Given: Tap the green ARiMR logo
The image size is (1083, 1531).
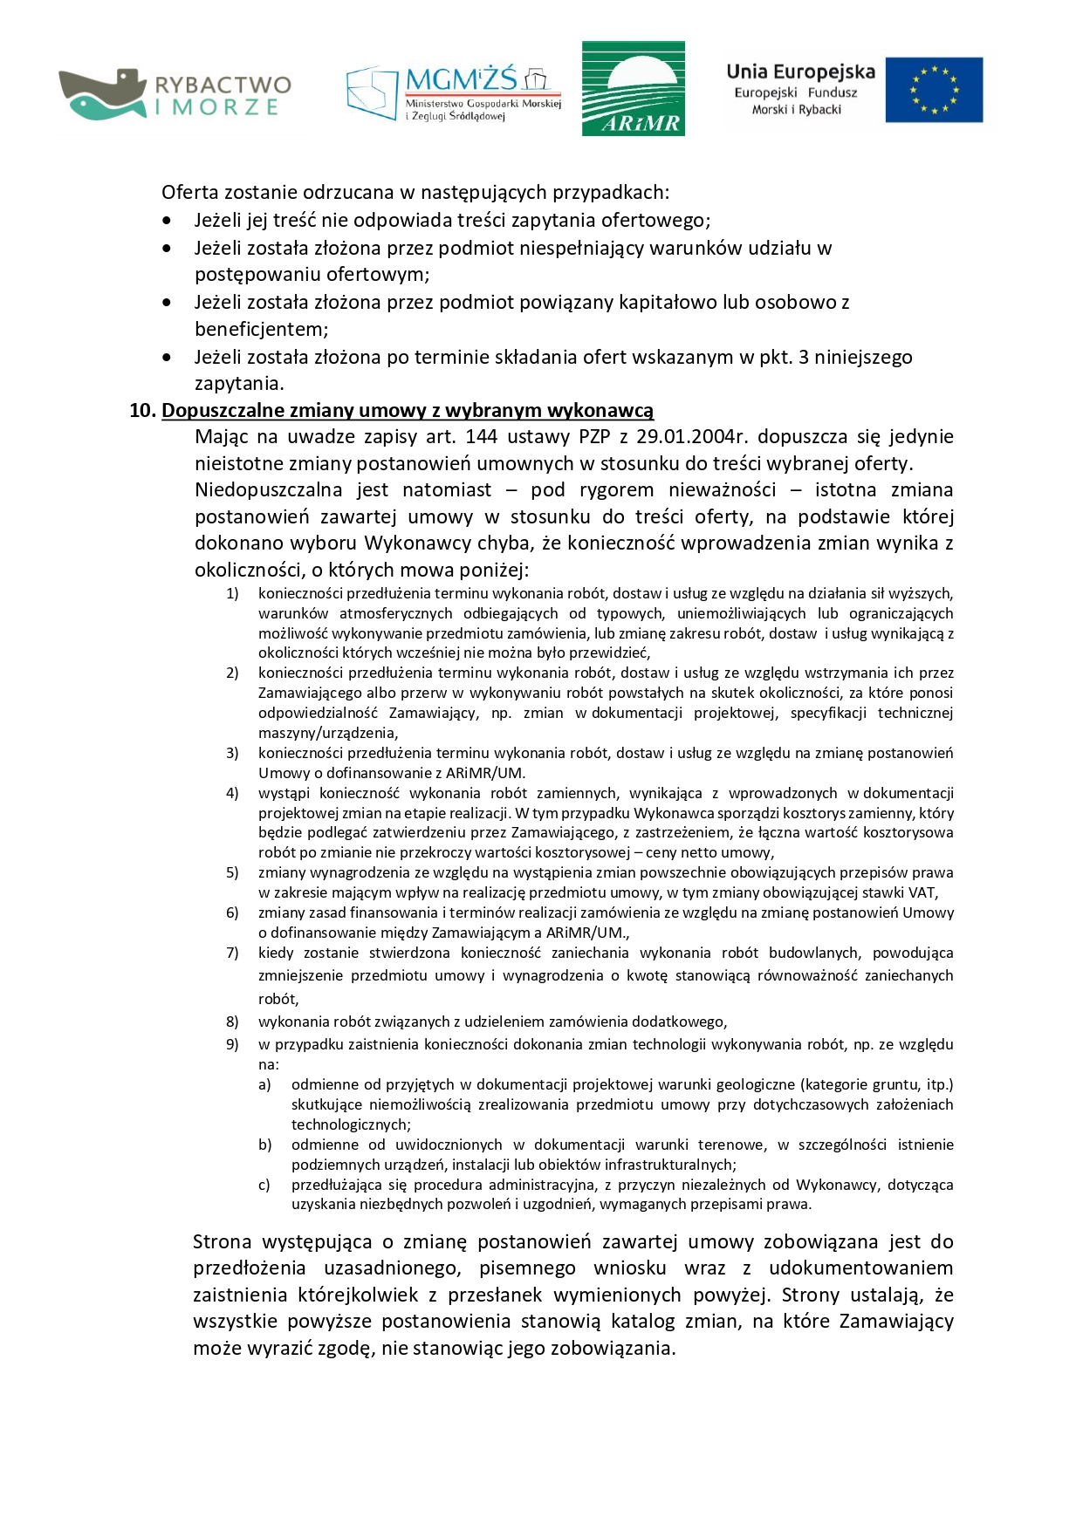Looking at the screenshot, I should click(633, 88).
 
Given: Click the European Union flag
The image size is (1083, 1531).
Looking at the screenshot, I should click(933, 90).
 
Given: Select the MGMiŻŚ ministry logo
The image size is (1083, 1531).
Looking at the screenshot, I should click(453, 92).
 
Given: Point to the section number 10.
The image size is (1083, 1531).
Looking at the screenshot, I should click(142, 411).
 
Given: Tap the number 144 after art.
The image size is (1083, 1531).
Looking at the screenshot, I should click(481, 436).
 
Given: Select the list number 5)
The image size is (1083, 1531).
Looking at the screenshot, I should click(232, 872).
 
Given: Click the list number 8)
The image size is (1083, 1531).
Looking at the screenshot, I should click(232, 1022).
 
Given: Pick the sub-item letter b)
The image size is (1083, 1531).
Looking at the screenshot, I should click(264, 1145).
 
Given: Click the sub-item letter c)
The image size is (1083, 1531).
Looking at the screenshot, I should click(264, 1185).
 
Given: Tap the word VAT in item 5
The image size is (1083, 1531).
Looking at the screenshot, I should click(922, 892).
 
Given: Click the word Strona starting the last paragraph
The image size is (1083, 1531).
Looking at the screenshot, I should click(222, 1241).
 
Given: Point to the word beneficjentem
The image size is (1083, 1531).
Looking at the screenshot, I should click(261, 330).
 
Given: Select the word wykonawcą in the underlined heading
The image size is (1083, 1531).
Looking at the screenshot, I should click(609, 411).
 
